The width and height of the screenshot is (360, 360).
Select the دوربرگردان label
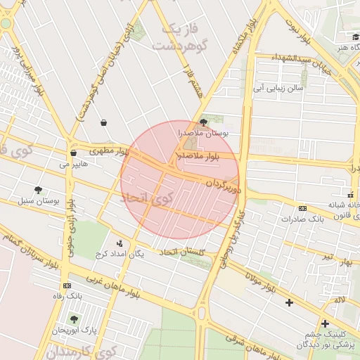(x=224, y=186)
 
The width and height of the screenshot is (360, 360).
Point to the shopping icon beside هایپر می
(x=73, y=153)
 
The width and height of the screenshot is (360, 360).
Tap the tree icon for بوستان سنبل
(x=38, y=190)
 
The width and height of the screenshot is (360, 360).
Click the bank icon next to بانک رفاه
(x=67, y=285)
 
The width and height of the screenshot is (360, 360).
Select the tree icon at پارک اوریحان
(x=74, y=319)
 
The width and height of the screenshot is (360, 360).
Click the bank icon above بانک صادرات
(x=302, y=208)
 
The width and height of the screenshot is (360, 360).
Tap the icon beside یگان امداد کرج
(x=119, y=243)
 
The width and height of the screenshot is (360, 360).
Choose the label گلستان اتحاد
(x=182, y=252)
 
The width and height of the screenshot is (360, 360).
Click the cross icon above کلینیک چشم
(x=325, y=323)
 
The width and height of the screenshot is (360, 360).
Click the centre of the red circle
(x=180, y=179)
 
